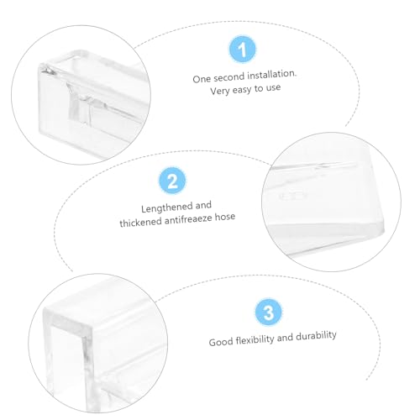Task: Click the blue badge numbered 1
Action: coord(242,50)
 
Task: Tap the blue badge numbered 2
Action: coord(172,181)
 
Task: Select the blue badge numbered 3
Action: coord(269,312)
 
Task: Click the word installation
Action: coord(271,75)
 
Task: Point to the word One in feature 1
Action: coord(202,79)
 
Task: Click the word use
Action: coord(273,88)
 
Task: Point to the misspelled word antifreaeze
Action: coord(188,219)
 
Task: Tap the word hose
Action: coord(225,217)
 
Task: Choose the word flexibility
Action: coord(255,340)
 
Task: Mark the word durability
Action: coord(316,336)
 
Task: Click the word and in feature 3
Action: coord(285,338)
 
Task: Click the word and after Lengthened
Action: coord(203,206)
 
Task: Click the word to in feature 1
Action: coord(259,89)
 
